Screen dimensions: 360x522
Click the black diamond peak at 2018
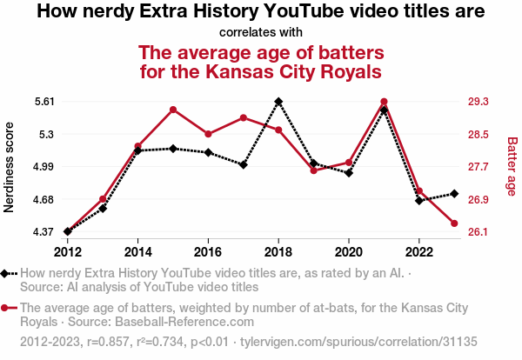tap(278, 102)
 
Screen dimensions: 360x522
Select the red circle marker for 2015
tap(173, 110)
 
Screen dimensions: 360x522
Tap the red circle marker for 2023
tap(454, 223)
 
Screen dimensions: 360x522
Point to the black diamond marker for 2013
tap(103, 209)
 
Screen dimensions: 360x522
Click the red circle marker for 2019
tap(313, 170)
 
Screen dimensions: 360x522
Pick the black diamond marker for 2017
tap(244, 164)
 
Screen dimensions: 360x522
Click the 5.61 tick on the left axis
tap(43, 102)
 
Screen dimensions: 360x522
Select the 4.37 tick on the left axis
tap(43, 232)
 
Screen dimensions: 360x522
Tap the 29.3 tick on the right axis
tap(478, 102)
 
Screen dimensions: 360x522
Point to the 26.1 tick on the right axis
tap(478, 232)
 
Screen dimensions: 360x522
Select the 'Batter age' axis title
tap(512, 166)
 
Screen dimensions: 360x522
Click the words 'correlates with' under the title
tap(261, 33)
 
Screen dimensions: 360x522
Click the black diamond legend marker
tap(8, 273)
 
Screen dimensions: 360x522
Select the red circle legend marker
tap(8, 308)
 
